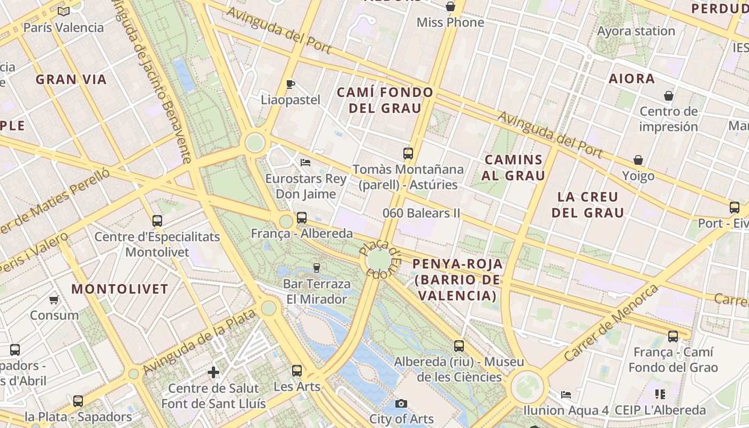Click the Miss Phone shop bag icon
[450, 6]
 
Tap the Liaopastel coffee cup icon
[291, 84]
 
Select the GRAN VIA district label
[71, 80]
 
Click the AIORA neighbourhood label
[632, 79]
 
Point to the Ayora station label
[636, 31]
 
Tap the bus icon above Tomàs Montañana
[408, 154]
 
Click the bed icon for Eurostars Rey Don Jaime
[305, 162]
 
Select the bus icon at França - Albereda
[302, 218]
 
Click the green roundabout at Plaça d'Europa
[379, 260]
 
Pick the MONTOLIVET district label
[120, 289]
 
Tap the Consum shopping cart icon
[53, 300]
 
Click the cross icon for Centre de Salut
[213, 372]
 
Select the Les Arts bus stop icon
[297, 370]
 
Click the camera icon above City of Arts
[401, 403]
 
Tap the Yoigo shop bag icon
[638, 160]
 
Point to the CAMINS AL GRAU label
[513, 167]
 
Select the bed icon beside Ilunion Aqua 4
[566, 395]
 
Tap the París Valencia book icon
[63, 11]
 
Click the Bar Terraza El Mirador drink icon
[316, 267]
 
